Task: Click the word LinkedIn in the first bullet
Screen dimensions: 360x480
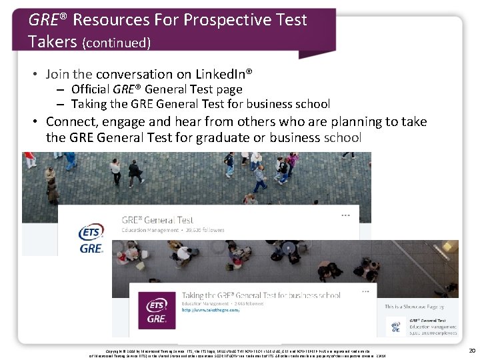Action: [222, 73]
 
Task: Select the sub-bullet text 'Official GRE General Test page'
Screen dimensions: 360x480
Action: [157, 89]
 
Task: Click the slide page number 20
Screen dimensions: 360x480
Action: [471, 351]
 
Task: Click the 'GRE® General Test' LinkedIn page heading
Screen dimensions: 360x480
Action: [157, 219]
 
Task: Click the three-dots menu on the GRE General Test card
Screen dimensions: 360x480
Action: [346, 215]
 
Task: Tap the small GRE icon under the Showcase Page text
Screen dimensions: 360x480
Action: [395, 323]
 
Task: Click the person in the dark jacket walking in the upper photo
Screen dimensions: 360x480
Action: [136, 173]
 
